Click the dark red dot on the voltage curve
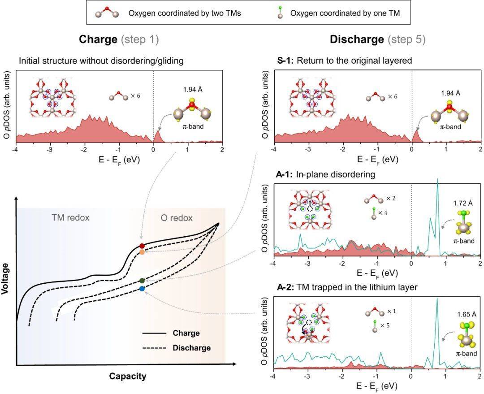click(x=142, y=246)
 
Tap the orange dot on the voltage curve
click(x=142, y=252)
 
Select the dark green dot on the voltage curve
click(x=142, y=281)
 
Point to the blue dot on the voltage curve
click(x=142, y=289)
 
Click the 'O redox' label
click(x=176, y=218)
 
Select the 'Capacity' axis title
click(x=128, y=376)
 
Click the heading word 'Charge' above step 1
click(x=98, y=39)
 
